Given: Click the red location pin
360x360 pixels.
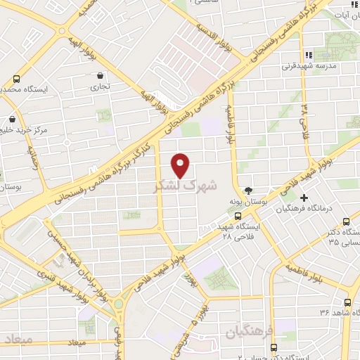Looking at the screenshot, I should coord(181,165).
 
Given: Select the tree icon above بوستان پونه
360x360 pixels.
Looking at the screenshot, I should coord(248,190).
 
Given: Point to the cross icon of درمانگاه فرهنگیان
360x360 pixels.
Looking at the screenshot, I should coord(304,198).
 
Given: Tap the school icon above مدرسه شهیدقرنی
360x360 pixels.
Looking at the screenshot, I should coord(307,55).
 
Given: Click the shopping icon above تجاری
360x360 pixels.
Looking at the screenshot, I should coord(101,75).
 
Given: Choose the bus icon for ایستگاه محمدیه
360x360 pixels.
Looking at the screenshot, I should coord(16,79).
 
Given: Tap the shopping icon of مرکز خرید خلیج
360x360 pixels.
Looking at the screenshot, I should coord(10,119).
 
